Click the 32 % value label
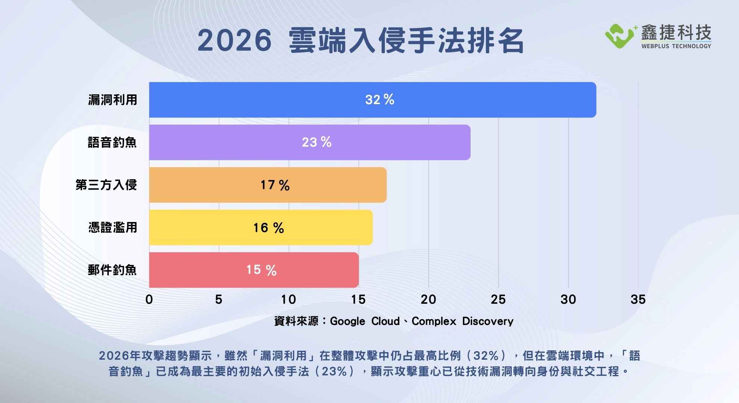coord(380,100)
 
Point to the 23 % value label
coord(317,142)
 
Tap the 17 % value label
coord(275,185)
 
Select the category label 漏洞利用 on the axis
coord(113,100)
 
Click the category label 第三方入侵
coord(106,185)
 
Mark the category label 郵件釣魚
coord(112,270)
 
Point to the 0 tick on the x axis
coord(149,299)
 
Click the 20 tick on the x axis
coord(428,299)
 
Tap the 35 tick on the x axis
coord(638,299)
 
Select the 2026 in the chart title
coord(234,41)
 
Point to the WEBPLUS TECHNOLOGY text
coord(676,46)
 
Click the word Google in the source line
coord(347,321)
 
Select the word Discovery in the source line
coord(488,321)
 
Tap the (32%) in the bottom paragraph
coord(488,356)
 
